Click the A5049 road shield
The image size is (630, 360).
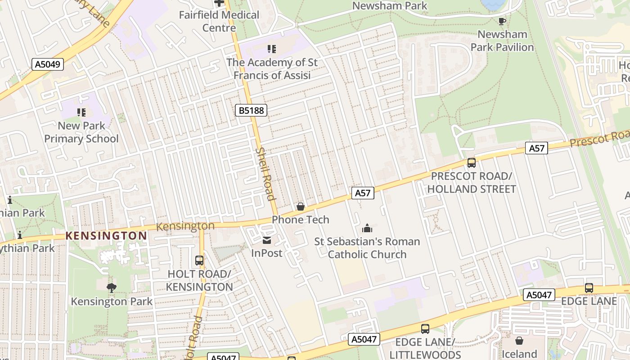pos(48,64)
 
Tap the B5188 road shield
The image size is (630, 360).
pos(251,110)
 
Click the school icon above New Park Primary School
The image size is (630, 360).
pos(81,112)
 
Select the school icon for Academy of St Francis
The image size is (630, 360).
pos(271,49)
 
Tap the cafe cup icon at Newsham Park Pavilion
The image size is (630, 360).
pos(502,21)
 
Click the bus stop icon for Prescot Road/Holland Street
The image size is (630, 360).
pos(471,163)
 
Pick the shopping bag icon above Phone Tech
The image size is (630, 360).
pos(300,207)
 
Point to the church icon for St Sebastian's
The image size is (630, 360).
pos(367,228)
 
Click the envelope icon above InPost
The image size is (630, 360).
pos(267,240)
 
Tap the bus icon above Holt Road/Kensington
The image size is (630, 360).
pos(199,261)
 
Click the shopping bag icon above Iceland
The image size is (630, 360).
pos(519,341)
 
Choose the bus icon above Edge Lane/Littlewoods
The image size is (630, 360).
pos(425,329)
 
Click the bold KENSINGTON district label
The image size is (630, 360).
pos(106,236)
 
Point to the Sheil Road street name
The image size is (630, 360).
pos(265,174)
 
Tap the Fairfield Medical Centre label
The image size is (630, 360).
pos(219,21)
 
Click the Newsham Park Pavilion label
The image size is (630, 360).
pos(502,40)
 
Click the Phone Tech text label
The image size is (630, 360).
pos(301,220)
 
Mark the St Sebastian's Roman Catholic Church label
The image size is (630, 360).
pos(367,248)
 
